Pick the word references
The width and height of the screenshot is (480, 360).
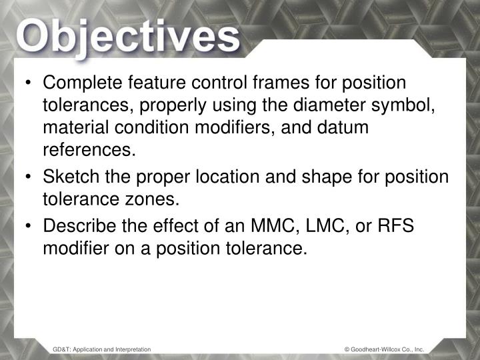click(x=89, y=151)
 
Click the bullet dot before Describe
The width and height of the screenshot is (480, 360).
click(x=31, y=227)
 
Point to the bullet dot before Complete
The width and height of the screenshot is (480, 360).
click(x=31, y=84)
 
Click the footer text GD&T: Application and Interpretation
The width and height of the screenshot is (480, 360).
click(x=102, y=349)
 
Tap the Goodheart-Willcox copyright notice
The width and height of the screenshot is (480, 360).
click(x=384, y=349)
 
